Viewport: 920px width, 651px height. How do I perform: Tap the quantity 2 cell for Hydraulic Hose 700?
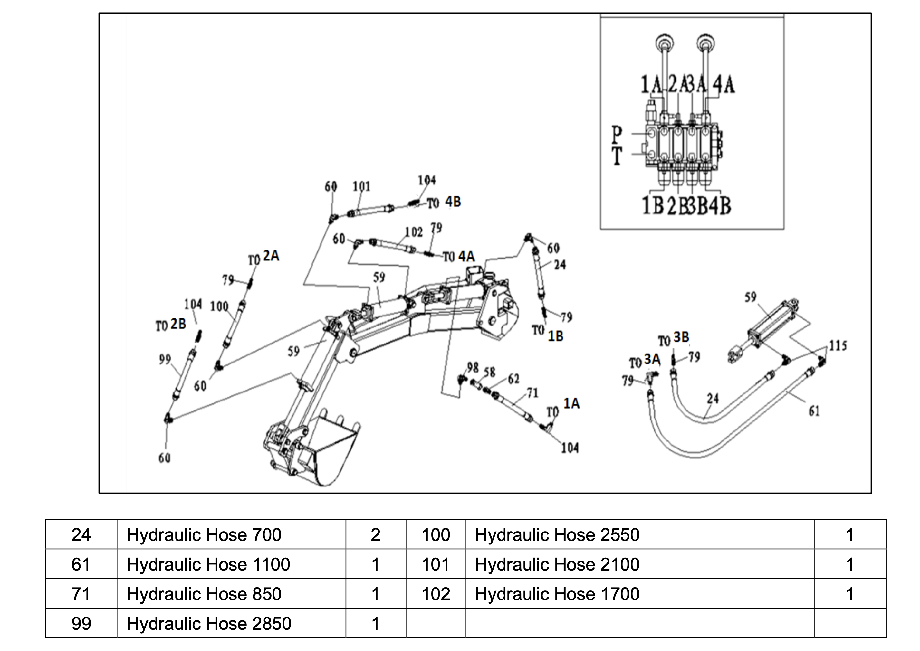point(375,534)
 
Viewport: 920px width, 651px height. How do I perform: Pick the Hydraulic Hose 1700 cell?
point(557,594)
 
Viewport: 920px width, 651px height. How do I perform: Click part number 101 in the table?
point(436,564)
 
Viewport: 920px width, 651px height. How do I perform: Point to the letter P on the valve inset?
point(617,135)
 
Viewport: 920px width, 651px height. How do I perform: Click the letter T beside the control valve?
point(617,156)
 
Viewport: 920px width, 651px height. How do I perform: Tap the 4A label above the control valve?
point(724,85)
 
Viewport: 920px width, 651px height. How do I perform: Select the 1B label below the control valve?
point(653,206)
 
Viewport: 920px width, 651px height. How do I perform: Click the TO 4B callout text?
point(444,203)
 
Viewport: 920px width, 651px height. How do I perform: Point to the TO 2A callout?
point(264,257)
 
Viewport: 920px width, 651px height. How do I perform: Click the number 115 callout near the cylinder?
point(838,345)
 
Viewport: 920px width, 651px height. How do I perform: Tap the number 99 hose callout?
point(165,360)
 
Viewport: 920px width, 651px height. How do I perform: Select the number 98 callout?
point(473,367)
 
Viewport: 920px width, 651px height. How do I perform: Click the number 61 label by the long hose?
point(814,411)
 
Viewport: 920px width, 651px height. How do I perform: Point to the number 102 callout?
point(414,232)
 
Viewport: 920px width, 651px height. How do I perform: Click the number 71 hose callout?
point(532,393)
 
